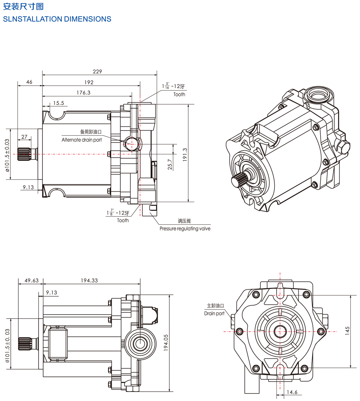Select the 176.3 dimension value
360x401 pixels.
click(x=84, y=92)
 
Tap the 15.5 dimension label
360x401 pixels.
click(x=58, y=103)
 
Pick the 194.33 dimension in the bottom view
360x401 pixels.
click(x=89, y=280)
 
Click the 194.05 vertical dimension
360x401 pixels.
click(x=166, y=343)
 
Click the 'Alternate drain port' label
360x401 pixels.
click(x=82, y=140)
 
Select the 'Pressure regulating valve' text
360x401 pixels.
click(x=185, y=228)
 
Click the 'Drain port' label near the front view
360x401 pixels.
click(x=214, y=313)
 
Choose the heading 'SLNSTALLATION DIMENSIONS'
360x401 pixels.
click(x=57, y=19)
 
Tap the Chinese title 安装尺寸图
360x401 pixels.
click(x=23, y=6)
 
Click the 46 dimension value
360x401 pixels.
click(x=29, y=82)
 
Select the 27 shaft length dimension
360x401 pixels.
click(x=24, y=137)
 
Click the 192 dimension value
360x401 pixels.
click(x=89, y=82)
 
